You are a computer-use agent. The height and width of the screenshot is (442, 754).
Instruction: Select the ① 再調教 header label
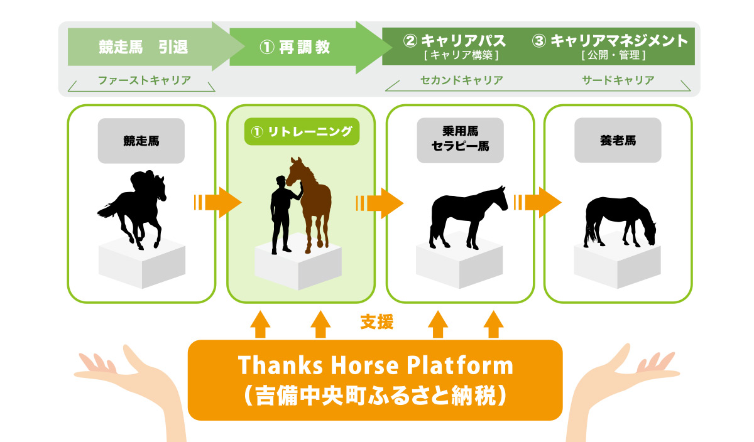coord(295,47)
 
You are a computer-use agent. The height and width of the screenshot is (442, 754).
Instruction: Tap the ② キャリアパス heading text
coord(454,41)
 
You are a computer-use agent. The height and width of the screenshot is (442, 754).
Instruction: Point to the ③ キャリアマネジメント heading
coord(610,41)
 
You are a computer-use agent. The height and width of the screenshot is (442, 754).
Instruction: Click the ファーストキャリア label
coord(145,80)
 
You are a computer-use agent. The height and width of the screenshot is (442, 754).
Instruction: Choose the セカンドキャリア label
coord(461,80)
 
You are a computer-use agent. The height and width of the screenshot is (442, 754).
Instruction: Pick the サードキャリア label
coord(618,80)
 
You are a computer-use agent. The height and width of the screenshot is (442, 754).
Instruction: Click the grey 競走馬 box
coord(141,141)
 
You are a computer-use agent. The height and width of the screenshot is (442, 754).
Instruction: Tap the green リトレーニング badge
coord(302,131)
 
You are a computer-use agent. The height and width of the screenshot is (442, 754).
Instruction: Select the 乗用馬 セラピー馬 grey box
coord(460,140)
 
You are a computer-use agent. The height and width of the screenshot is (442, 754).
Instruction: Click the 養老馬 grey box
coord(618,140)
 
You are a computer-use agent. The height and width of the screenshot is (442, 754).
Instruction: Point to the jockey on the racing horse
coord(143,183)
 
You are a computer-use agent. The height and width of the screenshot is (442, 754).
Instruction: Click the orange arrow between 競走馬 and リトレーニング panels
coord(218,203)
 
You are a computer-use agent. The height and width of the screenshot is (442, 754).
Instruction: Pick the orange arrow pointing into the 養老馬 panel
coord(538,203)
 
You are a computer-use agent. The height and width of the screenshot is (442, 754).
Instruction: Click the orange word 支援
coord(376,322)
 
